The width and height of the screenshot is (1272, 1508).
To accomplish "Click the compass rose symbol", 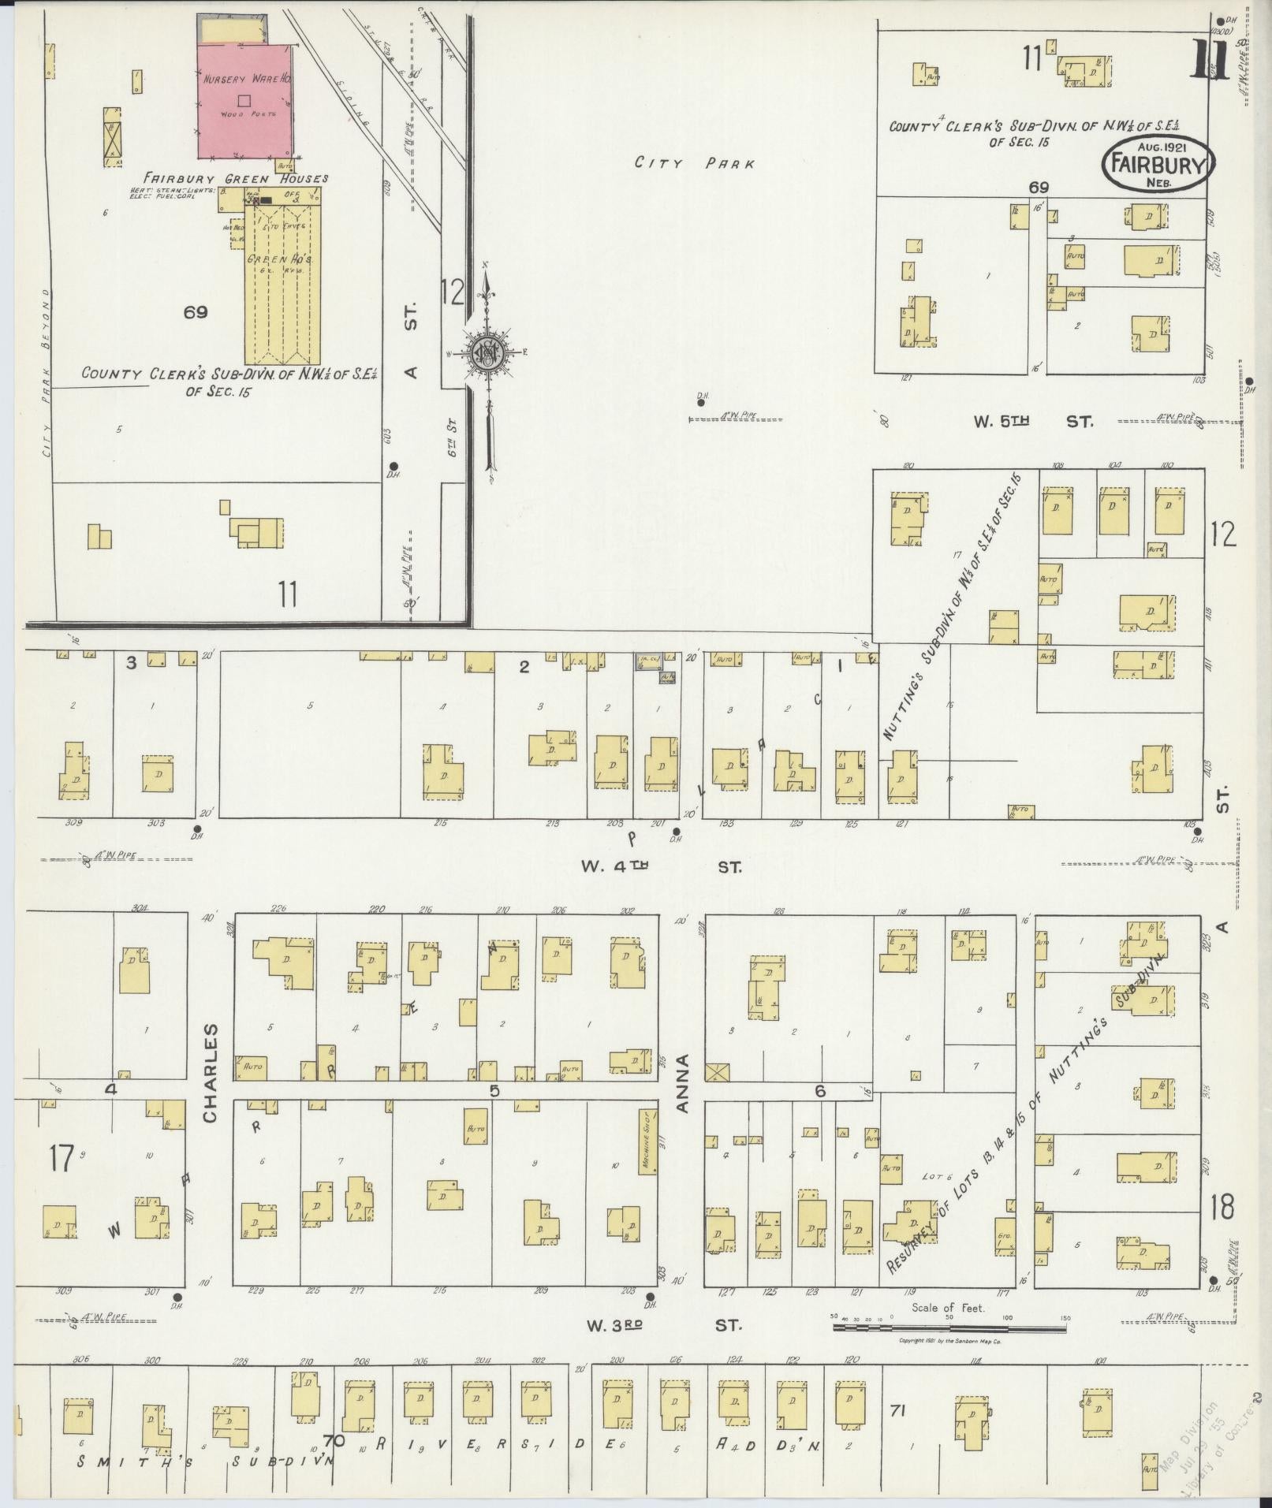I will coord(488,352).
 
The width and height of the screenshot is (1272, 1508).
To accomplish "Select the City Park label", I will coord(695,164).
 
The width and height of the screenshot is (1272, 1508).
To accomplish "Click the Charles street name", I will coord(210,1074).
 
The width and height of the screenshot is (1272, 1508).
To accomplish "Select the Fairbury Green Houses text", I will coord(234,178).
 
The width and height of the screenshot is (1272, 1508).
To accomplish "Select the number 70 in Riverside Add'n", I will coord(333,1441).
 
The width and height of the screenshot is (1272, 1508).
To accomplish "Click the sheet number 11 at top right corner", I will coord(1209,60).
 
